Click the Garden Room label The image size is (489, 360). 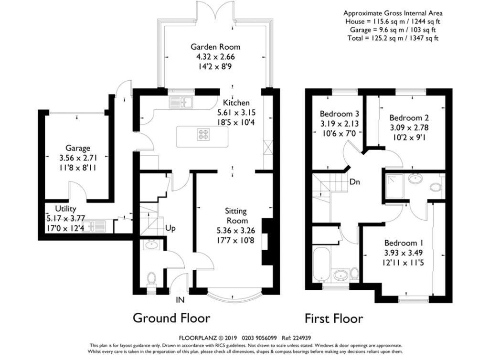215,47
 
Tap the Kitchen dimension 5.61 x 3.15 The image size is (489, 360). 236,113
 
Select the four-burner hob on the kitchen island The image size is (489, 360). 203,134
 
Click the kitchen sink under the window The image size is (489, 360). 181,102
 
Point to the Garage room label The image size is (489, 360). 78,148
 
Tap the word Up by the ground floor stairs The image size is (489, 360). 170,229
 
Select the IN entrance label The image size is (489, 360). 180,300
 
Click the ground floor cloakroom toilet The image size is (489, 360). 151,278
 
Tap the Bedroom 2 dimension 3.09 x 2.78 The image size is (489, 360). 409,127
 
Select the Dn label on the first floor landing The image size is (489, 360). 355,182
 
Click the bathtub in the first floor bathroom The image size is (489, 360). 320,265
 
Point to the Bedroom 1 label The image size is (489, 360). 404,243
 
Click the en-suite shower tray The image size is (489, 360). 394,186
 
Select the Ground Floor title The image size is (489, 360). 171,318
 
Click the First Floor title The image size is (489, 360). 334,318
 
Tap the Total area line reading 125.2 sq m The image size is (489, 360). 393,38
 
